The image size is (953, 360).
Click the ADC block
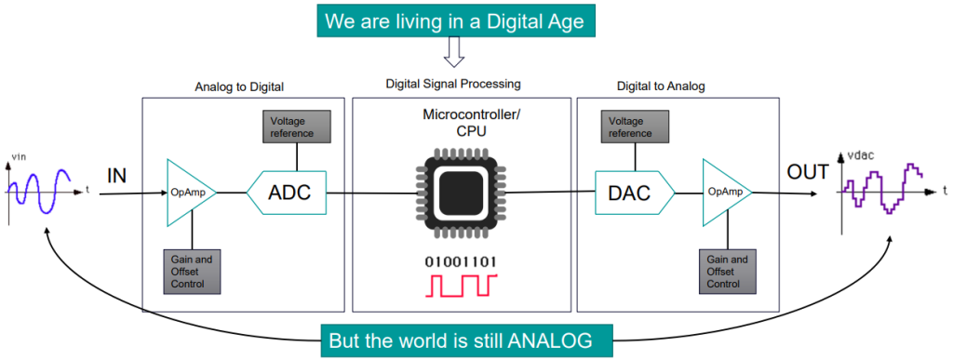pyautogui.click(x=287, y=193)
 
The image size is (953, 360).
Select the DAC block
pyautogui.click(x=634, y=193)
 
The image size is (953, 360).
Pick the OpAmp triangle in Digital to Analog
pyautogui.click(x=726, y=193)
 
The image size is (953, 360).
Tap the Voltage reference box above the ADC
pyautogui.click(x=297, y=127)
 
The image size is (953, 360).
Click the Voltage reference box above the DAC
pyautogui.click(x=634, y=127)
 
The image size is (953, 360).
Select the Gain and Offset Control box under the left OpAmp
pyautogui.click(x=192, y=272)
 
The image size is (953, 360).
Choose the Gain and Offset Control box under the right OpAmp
pyautogui.click(x=728, y=272)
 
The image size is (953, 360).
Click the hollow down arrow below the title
pyautogui.click(x=454, y=51)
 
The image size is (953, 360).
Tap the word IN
pyautogui.click(x=117, y=177)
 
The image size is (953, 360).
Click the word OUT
pyautogui.click(x=808, y=172)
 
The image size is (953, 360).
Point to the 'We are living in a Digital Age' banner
pyautogui.click(x=454, y=21)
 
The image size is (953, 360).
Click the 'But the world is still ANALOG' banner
pyautogui.click(x=465, y=340)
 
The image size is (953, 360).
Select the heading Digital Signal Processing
pyautogui.click(x=453, y=84)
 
